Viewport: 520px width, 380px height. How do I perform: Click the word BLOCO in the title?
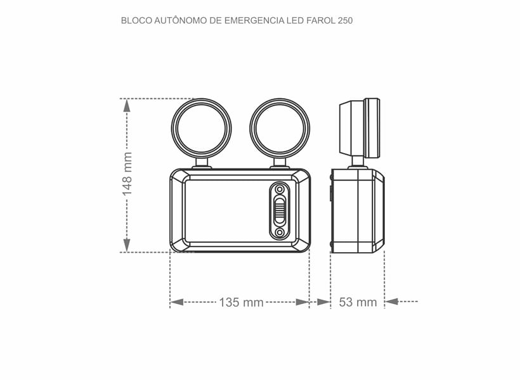(x=136, y=20)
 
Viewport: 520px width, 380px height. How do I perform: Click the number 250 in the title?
(x=344, y=20)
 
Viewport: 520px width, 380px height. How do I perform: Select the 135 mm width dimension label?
(x=241, y=302)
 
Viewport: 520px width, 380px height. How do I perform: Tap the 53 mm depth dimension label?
(x=358, y=302)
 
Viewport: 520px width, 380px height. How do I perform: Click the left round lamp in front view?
(x=202, y=128)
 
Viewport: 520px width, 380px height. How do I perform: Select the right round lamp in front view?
(x=280, y=128)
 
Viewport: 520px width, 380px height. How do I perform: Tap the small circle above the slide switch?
(x=279, y=189)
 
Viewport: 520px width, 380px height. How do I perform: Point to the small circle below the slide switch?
(x=279, y=233)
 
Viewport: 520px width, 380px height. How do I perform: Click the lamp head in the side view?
(x=360, y=128)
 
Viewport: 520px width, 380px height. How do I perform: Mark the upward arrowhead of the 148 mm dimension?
(x=127, y=106)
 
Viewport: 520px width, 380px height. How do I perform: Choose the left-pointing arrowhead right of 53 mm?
(x=392, y=302)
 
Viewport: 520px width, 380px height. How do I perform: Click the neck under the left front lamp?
(x=202, y=163)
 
